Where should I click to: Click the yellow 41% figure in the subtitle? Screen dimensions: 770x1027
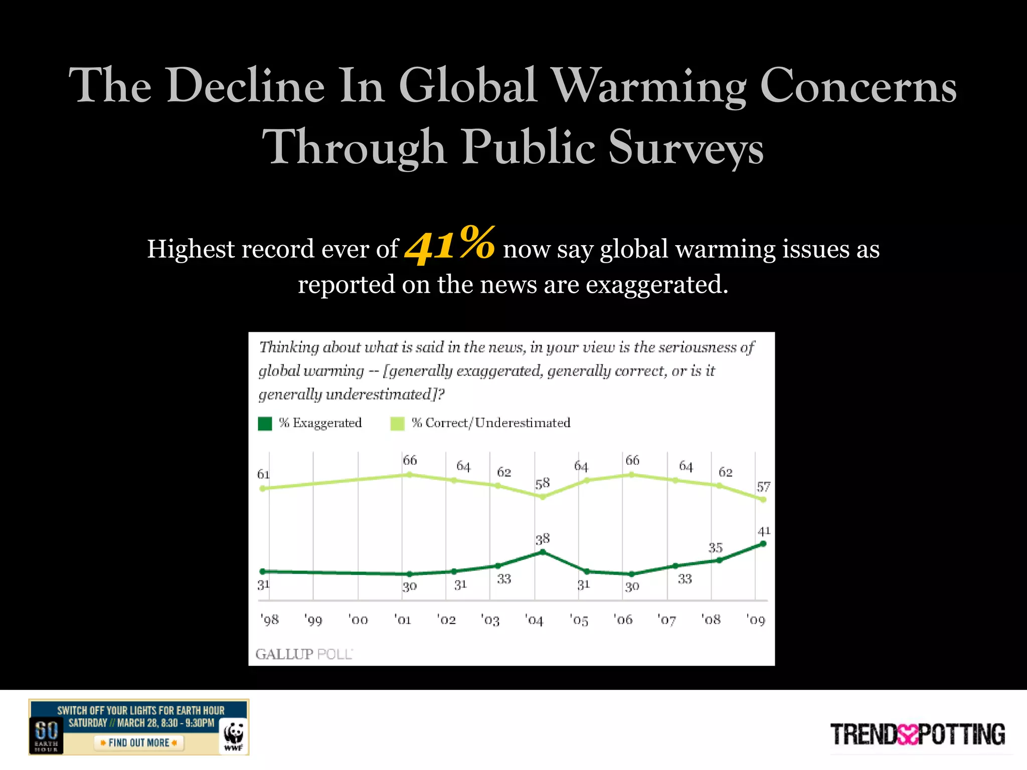coord(450,245)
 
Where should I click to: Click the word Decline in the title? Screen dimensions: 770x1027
coord(246,86)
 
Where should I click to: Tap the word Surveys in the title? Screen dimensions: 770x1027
coord(686,147)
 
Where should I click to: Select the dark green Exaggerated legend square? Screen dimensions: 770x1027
coord(265,424)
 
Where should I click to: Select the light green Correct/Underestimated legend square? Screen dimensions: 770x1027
coord(397,424)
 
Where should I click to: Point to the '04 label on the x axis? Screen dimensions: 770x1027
coord(534,620)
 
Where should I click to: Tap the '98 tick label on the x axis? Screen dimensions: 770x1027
coord(269,620)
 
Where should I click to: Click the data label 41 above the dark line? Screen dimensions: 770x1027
coord(764,531)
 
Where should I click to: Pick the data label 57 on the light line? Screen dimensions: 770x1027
coord(763,487)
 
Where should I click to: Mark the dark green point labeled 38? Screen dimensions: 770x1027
coord(543,552)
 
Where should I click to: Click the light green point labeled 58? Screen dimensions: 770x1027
coord(543,497)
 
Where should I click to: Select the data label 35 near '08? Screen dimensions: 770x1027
coord(715,547)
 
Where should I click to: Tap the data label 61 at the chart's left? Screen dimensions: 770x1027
coord(263,474)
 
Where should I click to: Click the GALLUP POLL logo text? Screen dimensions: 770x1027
coord(304,654)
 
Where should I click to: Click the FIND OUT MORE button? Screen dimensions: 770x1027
coord(139,743)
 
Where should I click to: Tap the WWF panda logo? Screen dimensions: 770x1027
coord(234,736)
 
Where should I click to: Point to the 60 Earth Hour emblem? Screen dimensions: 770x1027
coord(46,735)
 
